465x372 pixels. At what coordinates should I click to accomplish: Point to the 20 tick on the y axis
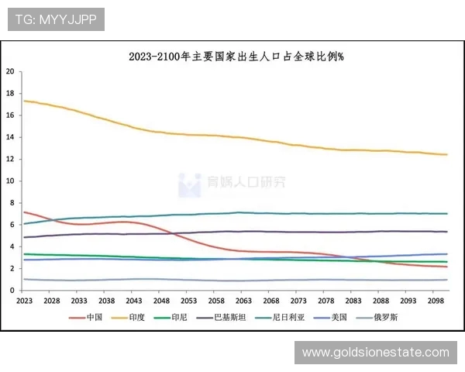[x=11, y=71]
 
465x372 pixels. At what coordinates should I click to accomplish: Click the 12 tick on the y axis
[x=11, y=159]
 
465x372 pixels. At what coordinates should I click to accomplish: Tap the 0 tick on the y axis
[x=12, y=290]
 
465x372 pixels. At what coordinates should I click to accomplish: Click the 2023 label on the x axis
[x=24, y=300]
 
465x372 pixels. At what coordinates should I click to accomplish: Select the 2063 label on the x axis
[x=243, y=300]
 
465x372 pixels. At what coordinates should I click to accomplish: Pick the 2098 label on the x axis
[x=435, y=300]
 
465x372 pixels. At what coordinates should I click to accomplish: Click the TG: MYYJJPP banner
[x=56, y=19]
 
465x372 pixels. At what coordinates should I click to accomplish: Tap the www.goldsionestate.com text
[x=375, y=353]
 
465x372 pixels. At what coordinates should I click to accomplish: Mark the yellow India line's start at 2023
[x=24, y=101]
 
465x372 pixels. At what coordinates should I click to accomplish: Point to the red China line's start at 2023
[x=24, y=212]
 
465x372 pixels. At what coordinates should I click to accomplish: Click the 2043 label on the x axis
[x=133, y=300]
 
